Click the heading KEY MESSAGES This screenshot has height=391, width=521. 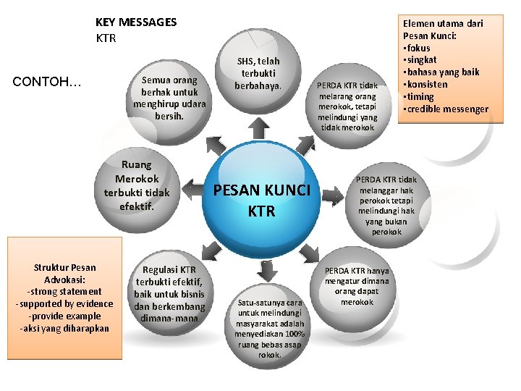coord(136,22)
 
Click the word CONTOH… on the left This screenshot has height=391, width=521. coord(48,81)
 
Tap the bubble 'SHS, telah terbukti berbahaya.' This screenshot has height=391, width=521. coord(257,73)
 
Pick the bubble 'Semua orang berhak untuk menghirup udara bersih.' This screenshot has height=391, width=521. coord(169,98)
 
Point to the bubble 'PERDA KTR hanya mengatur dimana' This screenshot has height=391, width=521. coord(357,286)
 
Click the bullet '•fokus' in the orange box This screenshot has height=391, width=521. coord(419,47)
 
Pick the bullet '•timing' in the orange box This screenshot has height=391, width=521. coord(420,97)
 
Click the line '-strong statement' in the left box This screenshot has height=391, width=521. coord(64,291)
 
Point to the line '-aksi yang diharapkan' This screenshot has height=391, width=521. coord(64,328)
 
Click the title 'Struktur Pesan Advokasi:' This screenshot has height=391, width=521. coord(64,273)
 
